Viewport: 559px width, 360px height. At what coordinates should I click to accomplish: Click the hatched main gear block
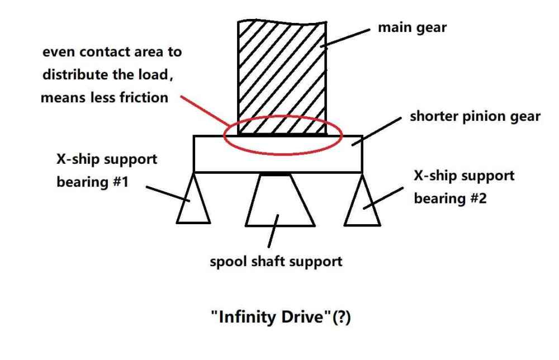tap(282, 78)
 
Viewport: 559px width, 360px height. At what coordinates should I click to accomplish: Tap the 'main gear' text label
tap(412, 28)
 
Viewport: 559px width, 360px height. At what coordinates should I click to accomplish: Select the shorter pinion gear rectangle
tap(278, 154)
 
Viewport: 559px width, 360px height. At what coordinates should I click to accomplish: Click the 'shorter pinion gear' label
tap(475, 117)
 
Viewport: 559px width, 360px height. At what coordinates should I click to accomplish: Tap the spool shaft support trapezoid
tap(280, 200)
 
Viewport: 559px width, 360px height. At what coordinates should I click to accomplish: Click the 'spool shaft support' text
tap(276, 261)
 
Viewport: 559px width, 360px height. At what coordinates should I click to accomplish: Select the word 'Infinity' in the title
tap(246, 317)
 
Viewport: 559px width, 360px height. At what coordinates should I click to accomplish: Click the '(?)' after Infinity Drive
tap(341, 317)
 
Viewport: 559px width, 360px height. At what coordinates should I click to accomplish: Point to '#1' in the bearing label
tap(121, 182)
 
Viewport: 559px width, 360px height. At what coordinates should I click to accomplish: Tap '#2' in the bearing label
tap(479, 198)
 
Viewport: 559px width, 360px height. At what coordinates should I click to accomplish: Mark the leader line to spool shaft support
tap(273, 231)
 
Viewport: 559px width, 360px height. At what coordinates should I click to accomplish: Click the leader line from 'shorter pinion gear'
tap(376, 131)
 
